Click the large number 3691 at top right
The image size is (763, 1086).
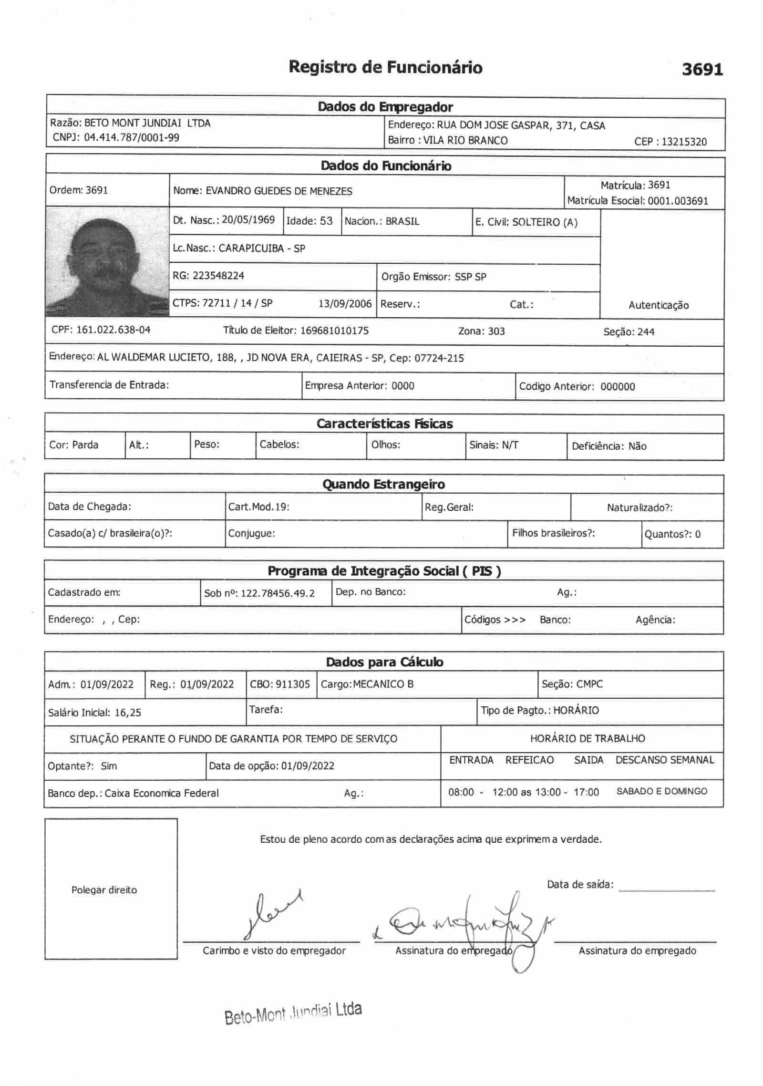(x=702, y=70)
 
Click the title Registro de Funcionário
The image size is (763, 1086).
(x=385, y=67)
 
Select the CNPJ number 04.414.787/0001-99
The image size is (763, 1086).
(x=132, y=138)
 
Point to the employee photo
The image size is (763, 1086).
(x=107, y=261)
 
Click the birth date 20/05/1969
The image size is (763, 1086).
(x=248, y=220)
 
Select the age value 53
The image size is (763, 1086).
(x=326, y=221)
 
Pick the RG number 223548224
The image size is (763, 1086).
(x=218, y=276)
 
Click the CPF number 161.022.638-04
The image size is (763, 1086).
(x=113, y=330)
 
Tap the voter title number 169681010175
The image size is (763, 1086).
(x=334, y=331)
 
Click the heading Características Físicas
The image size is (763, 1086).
(x=384, y=424)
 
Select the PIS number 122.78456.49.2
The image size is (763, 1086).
(x=278, y=593)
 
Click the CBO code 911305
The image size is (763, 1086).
(x=293, y=684)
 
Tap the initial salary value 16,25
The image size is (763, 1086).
(x=128, y=713)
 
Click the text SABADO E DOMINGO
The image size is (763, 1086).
(x=662, y=791)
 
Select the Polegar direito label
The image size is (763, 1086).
(x=104, y=890)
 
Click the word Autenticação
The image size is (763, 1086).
(x=659, y=305)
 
